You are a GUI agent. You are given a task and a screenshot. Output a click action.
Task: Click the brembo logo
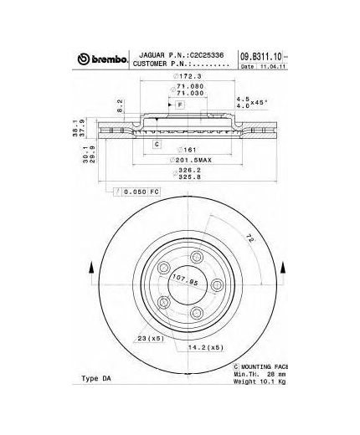click(x=103, y=59)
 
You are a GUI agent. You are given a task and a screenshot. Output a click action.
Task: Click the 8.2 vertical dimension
click(x=121, y=107)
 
